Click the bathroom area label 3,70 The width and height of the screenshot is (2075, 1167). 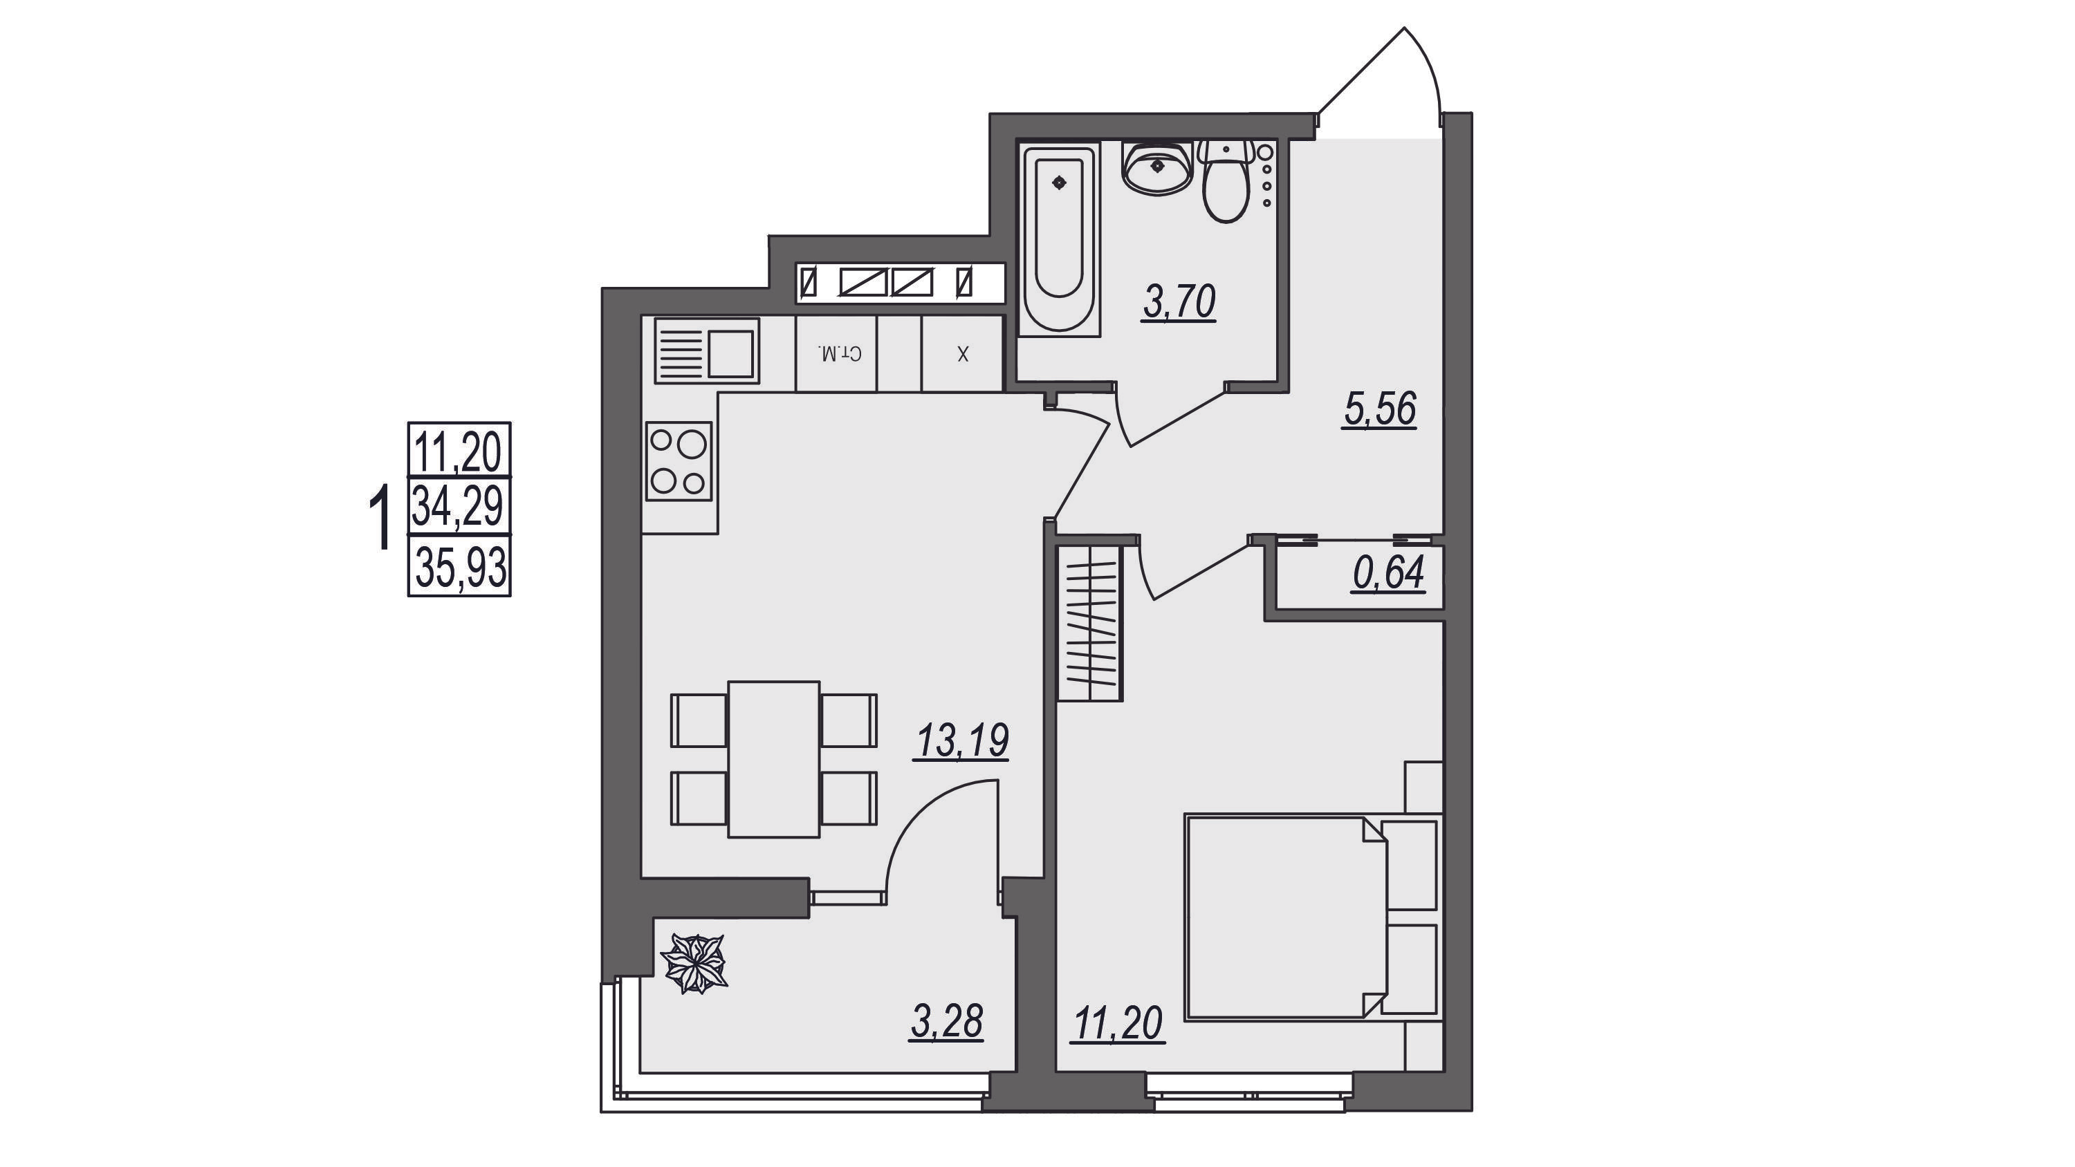pos(1179,304)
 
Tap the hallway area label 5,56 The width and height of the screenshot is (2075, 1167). pos(1379,410)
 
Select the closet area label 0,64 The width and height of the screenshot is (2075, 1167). pos(1389,575)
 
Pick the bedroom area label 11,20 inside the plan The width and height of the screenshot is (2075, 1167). pos(1117,1025)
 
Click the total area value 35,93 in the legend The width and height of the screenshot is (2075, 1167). pos(460,568)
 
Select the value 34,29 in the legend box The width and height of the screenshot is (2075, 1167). pos(459,506)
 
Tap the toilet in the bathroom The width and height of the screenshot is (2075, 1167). pos(1227,181)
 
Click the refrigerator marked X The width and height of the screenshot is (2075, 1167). pos(963,353)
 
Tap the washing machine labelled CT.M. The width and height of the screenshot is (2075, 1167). pos(837,353)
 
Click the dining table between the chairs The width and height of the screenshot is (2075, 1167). pos(773,760)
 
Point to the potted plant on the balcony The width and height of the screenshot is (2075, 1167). pos(694,963)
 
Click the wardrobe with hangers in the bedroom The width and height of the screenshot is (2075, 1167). pos(1090,622)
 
